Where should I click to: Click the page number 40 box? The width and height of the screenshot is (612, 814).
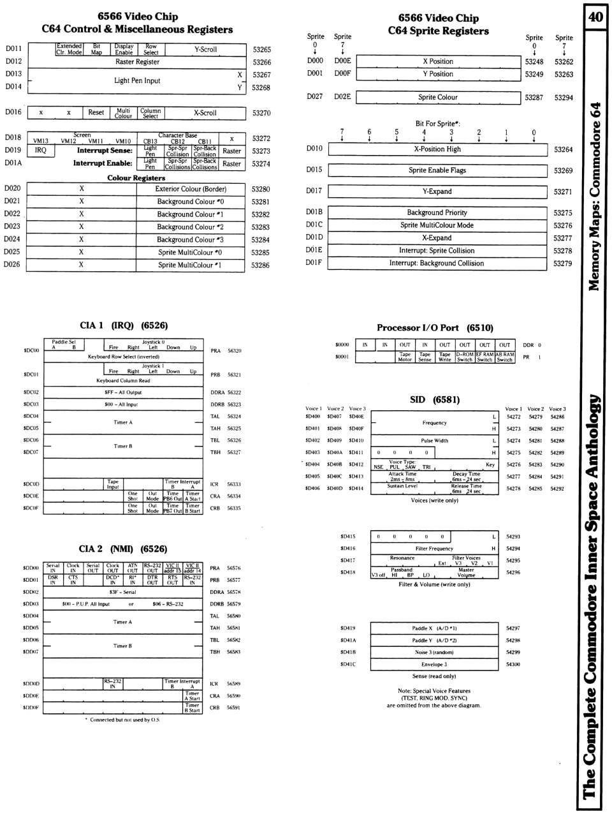click(595, 16)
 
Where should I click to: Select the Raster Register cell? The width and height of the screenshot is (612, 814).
click(137, 62)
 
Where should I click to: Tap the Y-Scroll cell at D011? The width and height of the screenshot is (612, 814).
click(205, 49)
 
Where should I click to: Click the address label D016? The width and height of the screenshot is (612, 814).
click(13, 112)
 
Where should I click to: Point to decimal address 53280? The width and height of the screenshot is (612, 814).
click(260, 189)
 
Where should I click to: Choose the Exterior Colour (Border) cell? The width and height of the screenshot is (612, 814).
click(191, 189)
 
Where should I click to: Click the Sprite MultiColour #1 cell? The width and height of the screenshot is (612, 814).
click(190, 265)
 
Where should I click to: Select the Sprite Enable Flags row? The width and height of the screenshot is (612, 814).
click(437, 170)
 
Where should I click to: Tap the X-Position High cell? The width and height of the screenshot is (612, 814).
click(437, 149)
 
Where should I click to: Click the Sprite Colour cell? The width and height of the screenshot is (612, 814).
click(437, 98)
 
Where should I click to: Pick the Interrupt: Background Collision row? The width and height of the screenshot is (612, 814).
click(437, 263)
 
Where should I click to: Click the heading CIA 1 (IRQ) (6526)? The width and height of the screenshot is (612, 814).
click(124, 325)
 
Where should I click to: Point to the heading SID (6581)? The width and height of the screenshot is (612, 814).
click(434, 400)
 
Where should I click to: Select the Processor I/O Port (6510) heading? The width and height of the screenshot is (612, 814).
click(435, 328)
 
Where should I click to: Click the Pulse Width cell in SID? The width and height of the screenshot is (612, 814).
click(434, 441)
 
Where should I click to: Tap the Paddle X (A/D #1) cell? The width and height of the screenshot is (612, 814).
click(434, 628)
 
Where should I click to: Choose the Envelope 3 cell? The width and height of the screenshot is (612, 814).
click(434, 664)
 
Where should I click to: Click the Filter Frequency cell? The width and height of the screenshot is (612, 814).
click(434, 549)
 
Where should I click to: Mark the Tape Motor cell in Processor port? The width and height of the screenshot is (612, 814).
click(405, 357)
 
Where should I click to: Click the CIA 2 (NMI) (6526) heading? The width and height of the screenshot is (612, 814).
click(123, 549)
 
